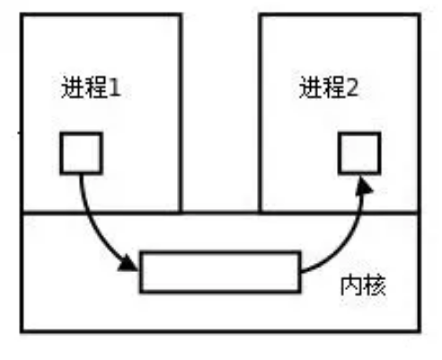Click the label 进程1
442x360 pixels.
pos(91,87)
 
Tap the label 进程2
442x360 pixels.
pos(329,87)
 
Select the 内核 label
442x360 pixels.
pos(363,285)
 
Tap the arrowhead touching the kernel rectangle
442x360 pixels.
pos(128,263)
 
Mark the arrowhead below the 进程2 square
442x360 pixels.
pos(364,186)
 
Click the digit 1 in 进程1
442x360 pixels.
pos(115,88)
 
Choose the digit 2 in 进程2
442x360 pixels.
pos(352,88)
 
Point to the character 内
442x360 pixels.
pos(351,285)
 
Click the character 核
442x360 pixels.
pos(375,285)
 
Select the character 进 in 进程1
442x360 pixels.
pos(73,87)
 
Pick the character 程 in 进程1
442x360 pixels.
pos(96,87)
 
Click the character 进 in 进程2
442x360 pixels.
pos(310,87)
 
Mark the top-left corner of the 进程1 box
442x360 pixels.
pos(22,14)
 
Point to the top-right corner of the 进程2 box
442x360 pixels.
pos(420,14)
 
